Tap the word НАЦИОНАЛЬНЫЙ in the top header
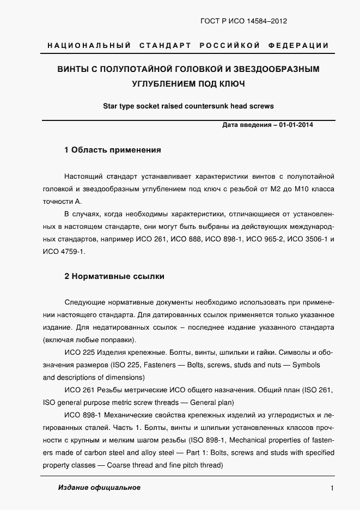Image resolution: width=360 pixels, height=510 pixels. pos(89,45)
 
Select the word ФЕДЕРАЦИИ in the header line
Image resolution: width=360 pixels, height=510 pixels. pos(298,45)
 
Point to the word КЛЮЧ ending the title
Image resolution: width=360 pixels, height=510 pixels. pos(231,84)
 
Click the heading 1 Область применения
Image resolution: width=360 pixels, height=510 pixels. pos(112,150)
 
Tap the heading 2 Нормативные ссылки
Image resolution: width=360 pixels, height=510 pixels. pos(114,276)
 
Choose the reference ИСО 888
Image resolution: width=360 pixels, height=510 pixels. pos(191,239)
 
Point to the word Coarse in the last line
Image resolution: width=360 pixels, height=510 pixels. pos(125,465)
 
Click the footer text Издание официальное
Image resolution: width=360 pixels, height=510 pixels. pos(99,488)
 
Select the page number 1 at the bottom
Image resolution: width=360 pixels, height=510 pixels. pos(332,488)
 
